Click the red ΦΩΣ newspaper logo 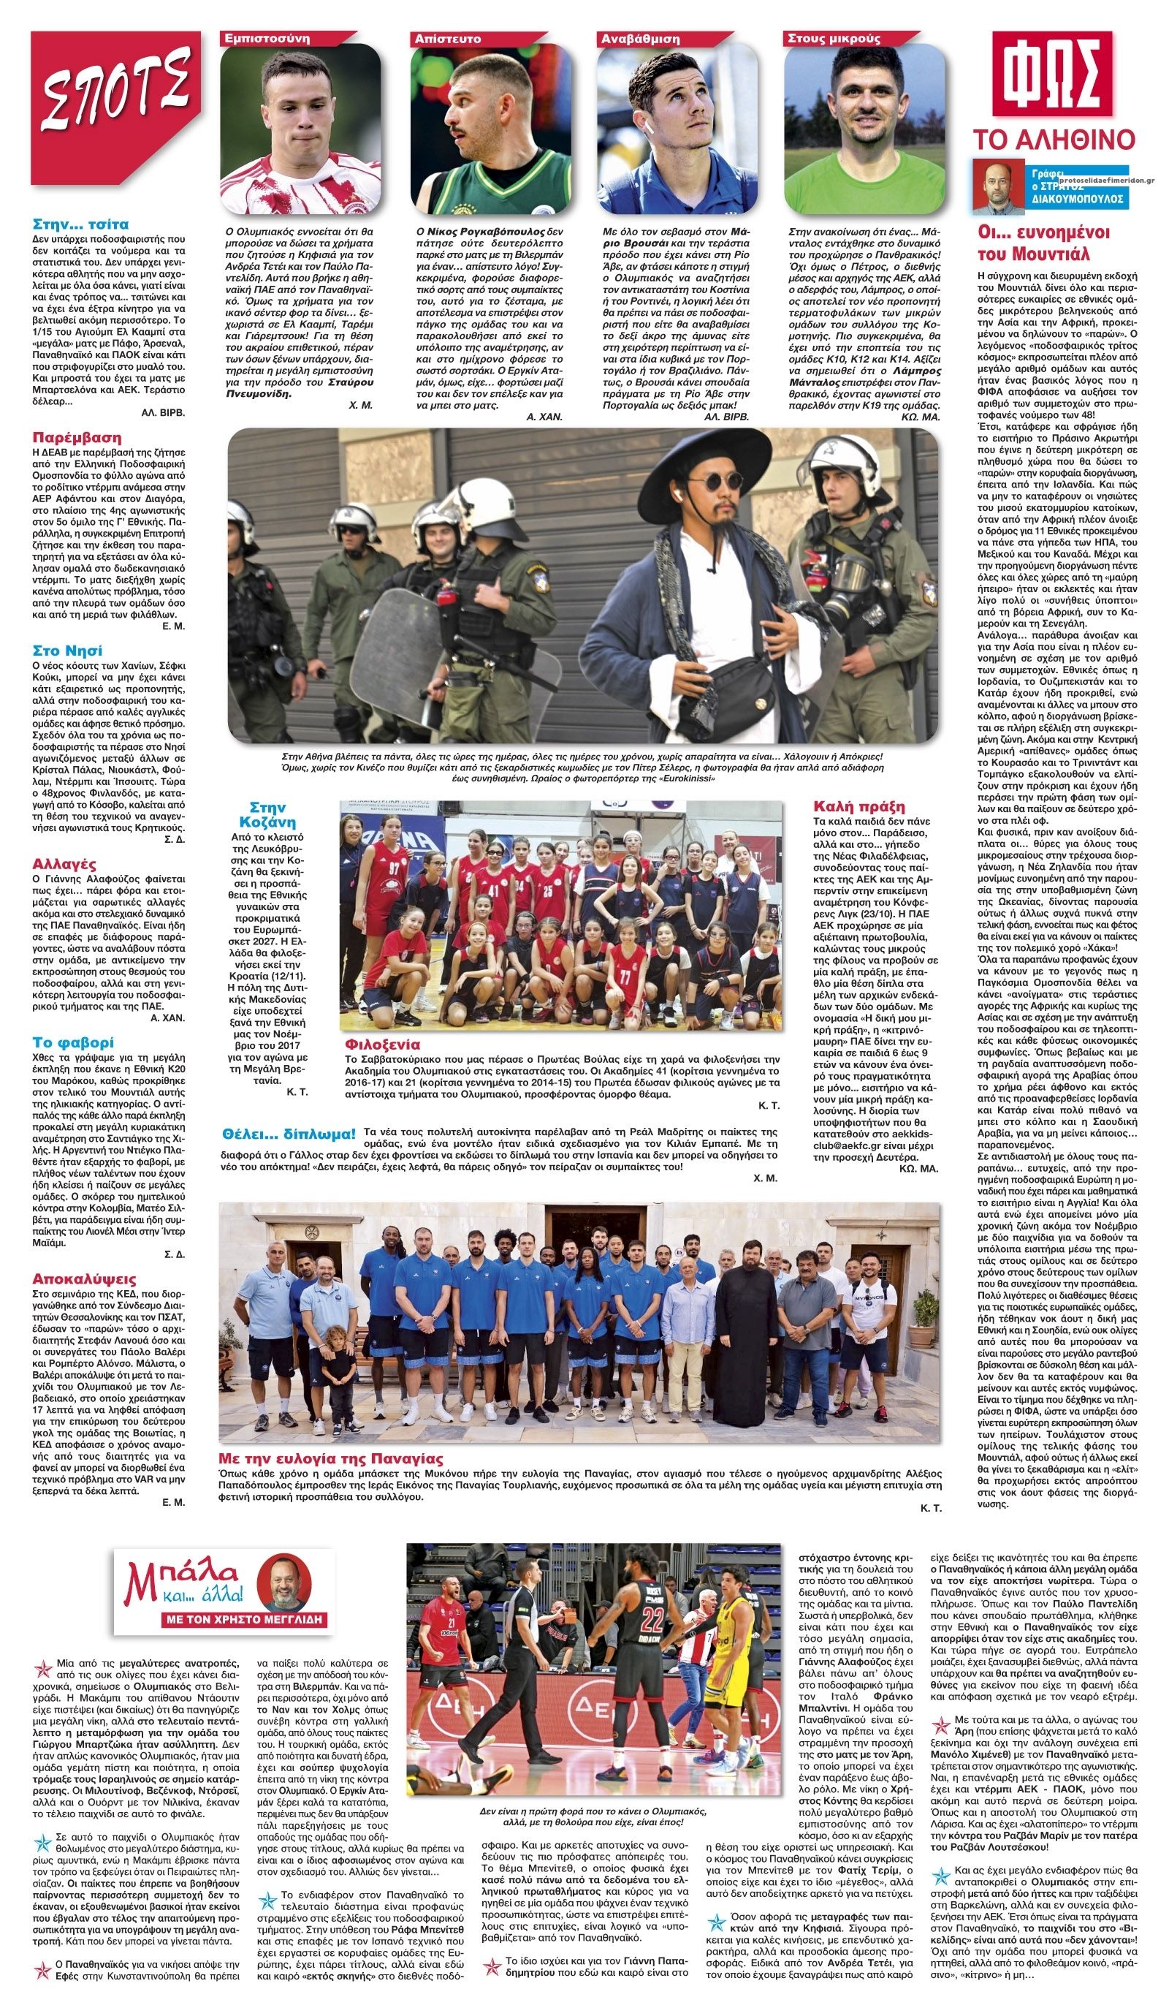pyautogui.click(x=1051, y=75)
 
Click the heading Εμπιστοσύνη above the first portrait pyautogui.click(x=268, y=39)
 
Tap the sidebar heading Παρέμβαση pyautogui.click(x=77, y=438)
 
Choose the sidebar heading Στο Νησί pyautogui.click(x=67, y=651)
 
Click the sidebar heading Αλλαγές pyautogui.click(x=64, y=864)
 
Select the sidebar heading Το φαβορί pyautogui.click(x=73, y=1042)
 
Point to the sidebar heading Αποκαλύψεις pyautogui.click(x=84, y=1278)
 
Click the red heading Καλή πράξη pyautogui.click(x=858, y=806)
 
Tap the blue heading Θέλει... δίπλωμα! pyautogui.click(x=289, y=1134)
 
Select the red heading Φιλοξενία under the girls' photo pyautogui.click(x=381, y=1044)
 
